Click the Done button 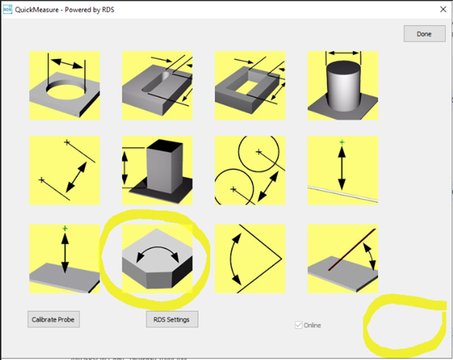coord(424,34)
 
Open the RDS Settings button coord(171,319)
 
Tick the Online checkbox coord(299,325)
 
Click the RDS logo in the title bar coord(8,10)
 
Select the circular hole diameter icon coord(65,85)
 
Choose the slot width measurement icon coord(157,85)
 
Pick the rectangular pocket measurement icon coord(250,85)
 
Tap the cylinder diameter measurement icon coord(342,85)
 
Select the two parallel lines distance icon coord(65,170)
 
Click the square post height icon coord(157,170)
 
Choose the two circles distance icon coord(250,170)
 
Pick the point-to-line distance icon coord(342,170)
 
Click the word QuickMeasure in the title coord(39,10)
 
